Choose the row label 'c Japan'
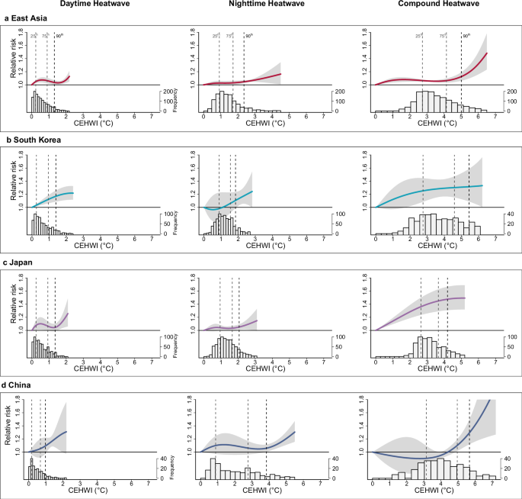coord(22,264)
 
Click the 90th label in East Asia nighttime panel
coord(249,36)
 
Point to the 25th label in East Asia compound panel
coord(419,36)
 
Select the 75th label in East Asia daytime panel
coord(47,36)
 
